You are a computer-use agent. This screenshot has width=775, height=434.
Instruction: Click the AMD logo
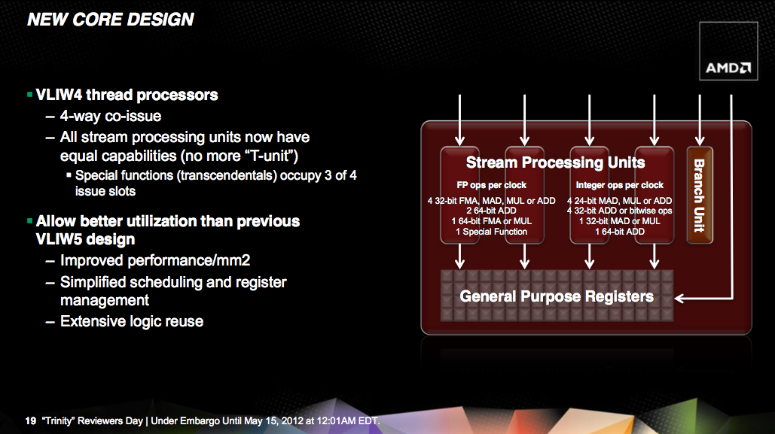tap(728, 68)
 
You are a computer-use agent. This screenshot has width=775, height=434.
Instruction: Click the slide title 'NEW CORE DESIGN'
tap(111, 20)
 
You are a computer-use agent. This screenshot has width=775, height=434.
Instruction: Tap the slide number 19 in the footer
tap(31, 420)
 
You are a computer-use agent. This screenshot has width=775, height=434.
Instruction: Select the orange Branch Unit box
tap(700, 195)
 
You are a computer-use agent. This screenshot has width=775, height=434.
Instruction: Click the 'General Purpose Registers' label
tap(557, 296)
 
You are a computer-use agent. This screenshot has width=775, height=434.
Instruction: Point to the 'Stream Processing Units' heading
tap(556, 162)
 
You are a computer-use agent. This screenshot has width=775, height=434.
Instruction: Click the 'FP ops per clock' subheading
tap(491, 185)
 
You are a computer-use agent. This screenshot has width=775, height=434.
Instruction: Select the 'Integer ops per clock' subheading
tap(619, 185)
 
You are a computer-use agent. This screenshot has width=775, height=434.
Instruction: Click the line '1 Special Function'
tap(491, 232)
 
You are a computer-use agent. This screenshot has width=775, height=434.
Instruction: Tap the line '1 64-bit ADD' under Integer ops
tap(620, 232)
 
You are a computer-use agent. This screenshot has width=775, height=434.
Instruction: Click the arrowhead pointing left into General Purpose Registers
tap(679, 298)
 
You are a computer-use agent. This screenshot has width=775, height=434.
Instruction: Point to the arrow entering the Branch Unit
tap(700, 120)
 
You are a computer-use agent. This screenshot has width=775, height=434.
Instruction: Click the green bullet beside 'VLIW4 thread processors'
tap(29, 94)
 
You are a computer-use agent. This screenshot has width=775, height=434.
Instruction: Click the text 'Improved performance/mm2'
tap(155, 260)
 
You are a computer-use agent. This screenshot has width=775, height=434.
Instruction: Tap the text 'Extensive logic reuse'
tap(132, 321)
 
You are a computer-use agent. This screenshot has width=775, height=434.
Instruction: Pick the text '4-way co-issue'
tap(111, 116)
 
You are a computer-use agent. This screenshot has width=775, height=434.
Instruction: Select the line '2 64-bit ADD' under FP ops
tap(491, 211)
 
